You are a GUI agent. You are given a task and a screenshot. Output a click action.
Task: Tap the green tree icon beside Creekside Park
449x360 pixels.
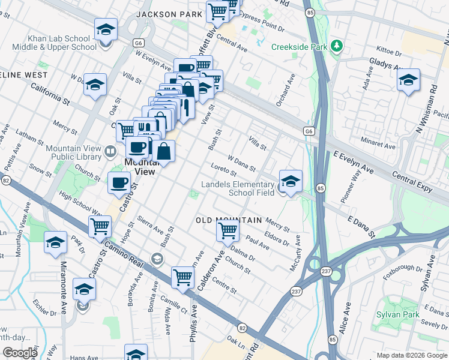pos(337,46)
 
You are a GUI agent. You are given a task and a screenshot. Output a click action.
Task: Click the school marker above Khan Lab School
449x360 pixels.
pos(105,29)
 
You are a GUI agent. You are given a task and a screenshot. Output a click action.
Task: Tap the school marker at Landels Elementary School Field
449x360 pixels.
pos(291,182)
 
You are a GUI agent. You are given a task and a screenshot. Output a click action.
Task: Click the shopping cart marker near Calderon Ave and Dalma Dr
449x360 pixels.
pos(228,230)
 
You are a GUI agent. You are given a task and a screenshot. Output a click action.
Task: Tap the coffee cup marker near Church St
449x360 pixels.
pos(119,182)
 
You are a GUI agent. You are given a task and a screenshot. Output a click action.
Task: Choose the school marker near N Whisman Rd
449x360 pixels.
pos(408,80)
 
